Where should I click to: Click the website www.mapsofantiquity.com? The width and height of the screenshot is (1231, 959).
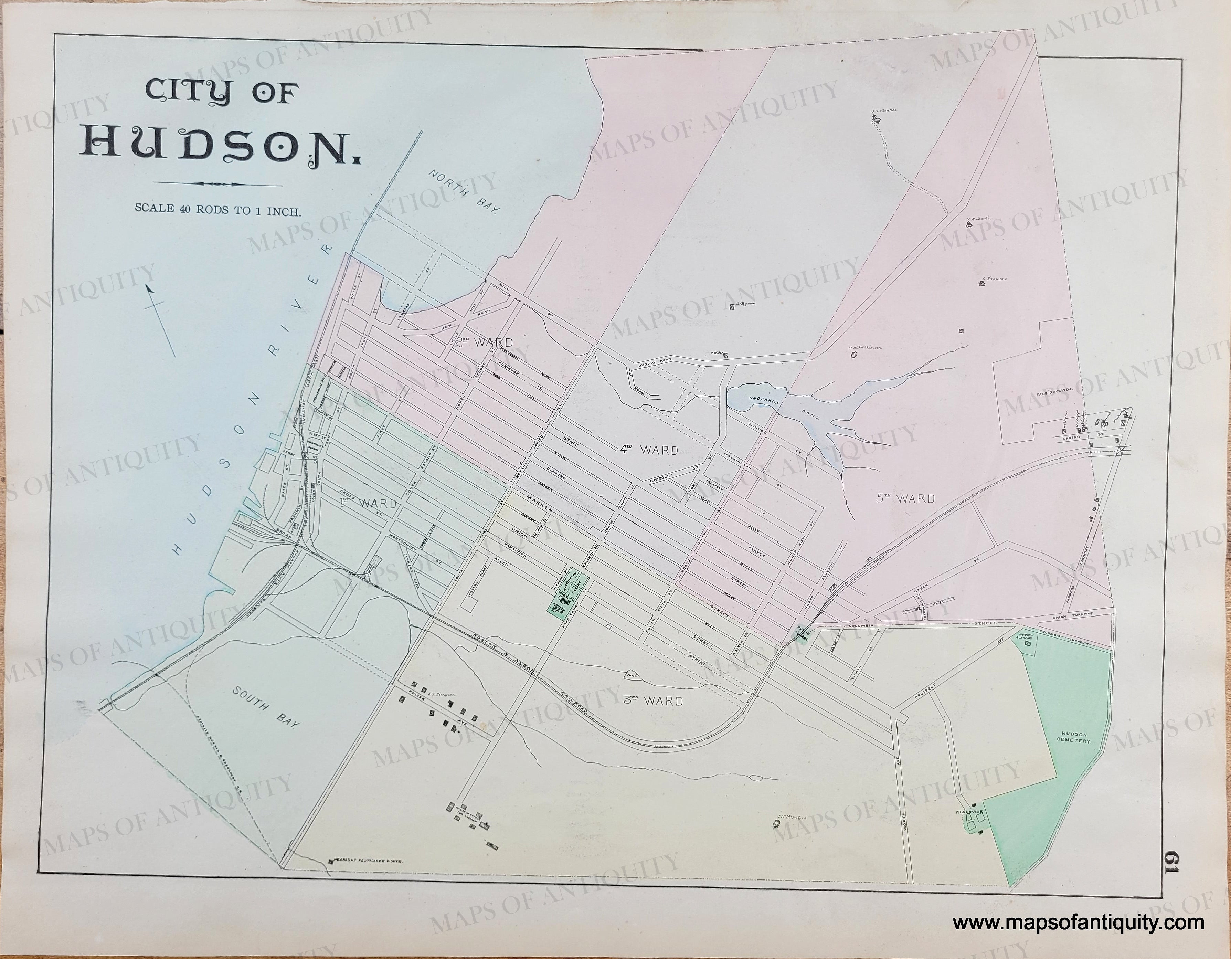1078,923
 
